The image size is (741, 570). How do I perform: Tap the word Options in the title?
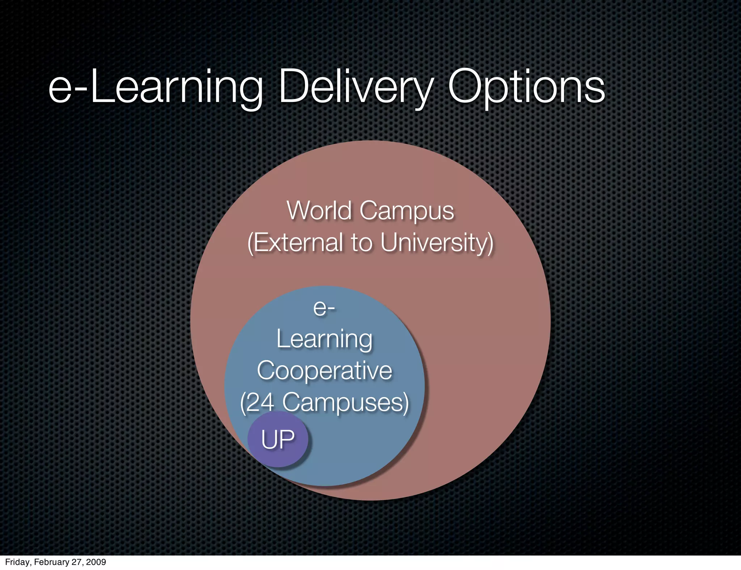526,88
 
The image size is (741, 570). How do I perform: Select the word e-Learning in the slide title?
156,88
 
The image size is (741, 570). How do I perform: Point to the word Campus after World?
407,211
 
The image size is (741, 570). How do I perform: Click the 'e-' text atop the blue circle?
324,308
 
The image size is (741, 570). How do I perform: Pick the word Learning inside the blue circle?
325,340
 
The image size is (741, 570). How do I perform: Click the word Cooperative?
325,371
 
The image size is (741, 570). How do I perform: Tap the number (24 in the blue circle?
257,402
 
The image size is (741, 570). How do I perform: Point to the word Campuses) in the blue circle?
346,402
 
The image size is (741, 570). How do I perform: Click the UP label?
278,439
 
